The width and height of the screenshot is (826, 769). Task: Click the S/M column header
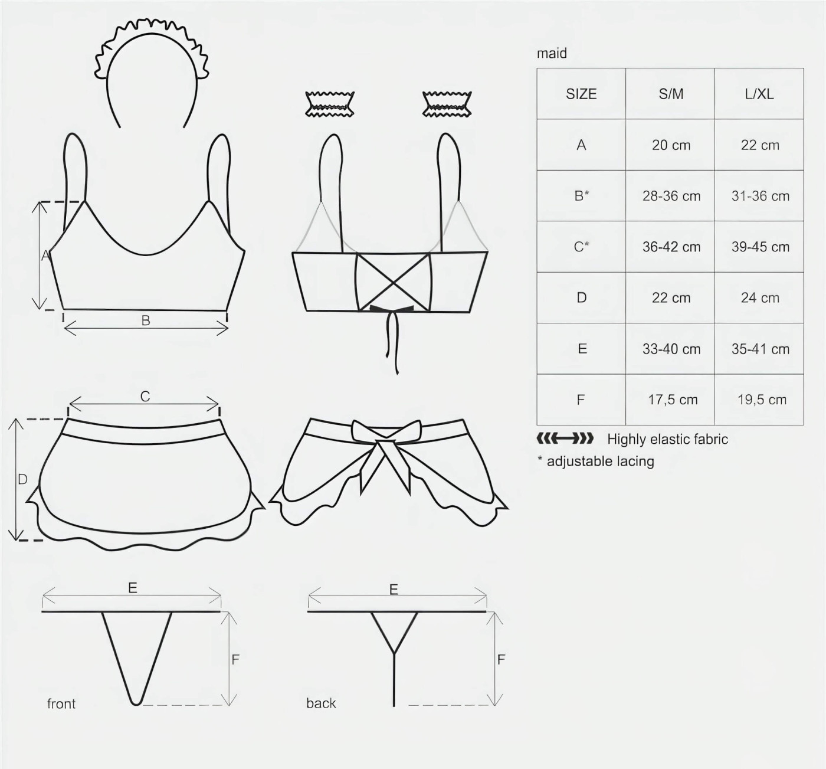point(670,94)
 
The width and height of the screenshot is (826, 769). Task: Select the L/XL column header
point(759,94)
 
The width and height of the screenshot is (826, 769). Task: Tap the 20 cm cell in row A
point(671,145)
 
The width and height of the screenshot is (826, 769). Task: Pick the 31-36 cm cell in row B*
point(761,196)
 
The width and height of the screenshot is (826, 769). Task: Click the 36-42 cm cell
point(671,247)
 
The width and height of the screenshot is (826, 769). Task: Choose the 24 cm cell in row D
point(760,298)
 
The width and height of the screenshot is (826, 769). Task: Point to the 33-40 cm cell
point(671,349)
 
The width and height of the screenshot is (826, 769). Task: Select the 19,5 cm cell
point(762,400)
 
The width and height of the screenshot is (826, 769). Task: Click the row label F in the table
point(581,400)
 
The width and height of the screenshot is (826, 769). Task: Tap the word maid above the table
point(552,53)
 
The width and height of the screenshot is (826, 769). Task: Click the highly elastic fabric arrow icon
point(565,439)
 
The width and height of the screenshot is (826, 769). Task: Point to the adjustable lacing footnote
point(595,461)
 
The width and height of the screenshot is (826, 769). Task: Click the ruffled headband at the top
point(152,73)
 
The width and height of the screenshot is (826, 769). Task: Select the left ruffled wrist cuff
point(330,104)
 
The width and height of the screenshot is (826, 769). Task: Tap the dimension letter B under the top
point(146,320)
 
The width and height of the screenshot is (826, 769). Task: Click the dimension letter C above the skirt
point(145,397)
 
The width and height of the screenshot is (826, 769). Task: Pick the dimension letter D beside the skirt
point(22,479)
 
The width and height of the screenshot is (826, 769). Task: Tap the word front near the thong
point(61,703)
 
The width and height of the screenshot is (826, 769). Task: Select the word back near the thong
point(321,703)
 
